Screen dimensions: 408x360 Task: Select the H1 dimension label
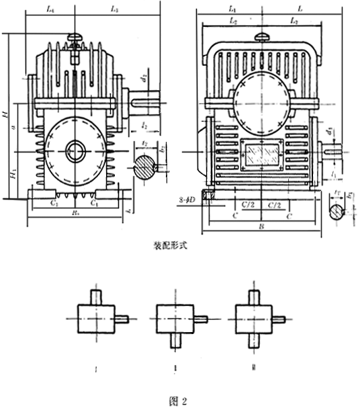point(13,174)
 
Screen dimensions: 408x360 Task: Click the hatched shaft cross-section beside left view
point(144,166)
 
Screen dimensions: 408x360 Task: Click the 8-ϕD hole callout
point(190,199)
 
